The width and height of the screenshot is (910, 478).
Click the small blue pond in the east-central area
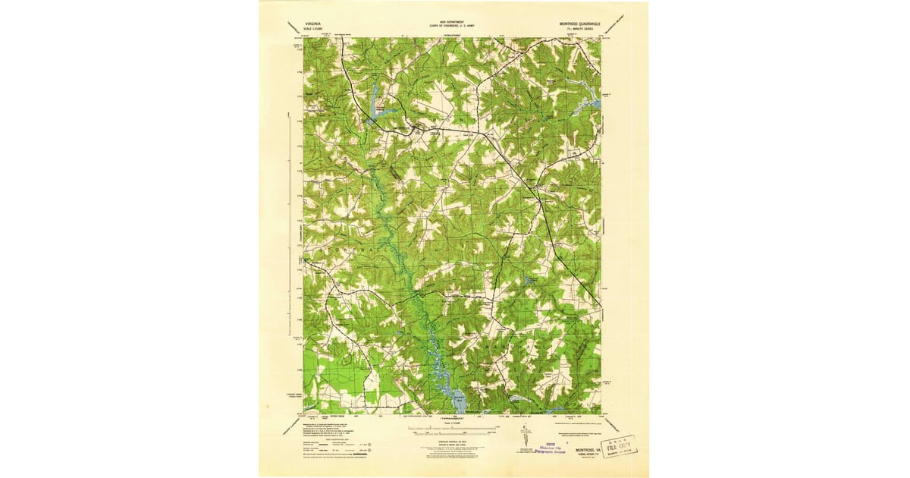click(530, 282)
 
